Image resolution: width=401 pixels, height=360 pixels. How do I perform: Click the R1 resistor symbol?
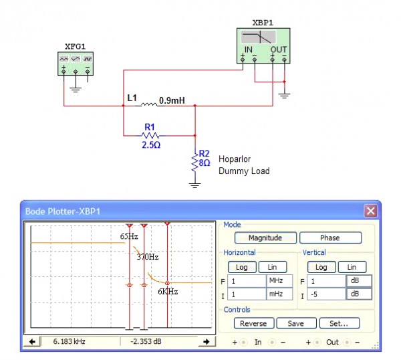click(149, 134)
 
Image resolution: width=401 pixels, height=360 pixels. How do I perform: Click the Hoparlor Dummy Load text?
click(244, 165)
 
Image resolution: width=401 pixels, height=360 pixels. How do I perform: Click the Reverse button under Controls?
click(253, 323)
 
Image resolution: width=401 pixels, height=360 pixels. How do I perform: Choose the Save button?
click(295, 323)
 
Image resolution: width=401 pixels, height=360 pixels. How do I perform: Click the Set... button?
click(338, 323)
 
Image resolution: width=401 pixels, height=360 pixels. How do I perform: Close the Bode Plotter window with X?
click(370, 211)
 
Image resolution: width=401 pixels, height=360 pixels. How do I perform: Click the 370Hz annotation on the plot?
click(148, 256)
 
